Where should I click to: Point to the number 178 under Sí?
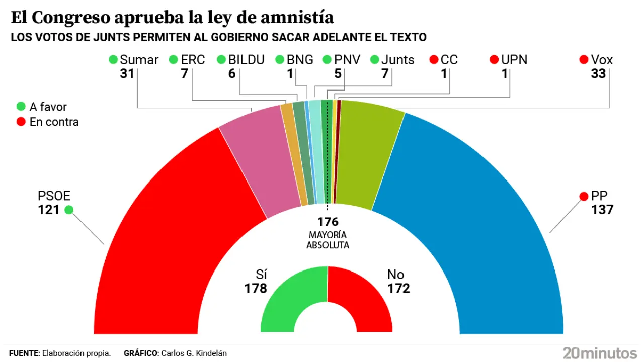256,289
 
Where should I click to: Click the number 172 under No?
398,289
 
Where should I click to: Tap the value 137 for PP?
602,209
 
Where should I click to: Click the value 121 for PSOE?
49,210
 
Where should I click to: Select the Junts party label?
397,60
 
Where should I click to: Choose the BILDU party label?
246,60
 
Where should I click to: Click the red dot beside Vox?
584,60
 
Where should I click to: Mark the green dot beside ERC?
174,60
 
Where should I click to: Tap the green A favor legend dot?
21,107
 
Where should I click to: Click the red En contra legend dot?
21,122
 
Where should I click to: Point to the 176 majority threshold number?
328,222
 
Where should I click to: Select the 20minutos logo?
600,352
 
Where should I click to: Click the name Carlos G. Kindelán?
194,353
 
